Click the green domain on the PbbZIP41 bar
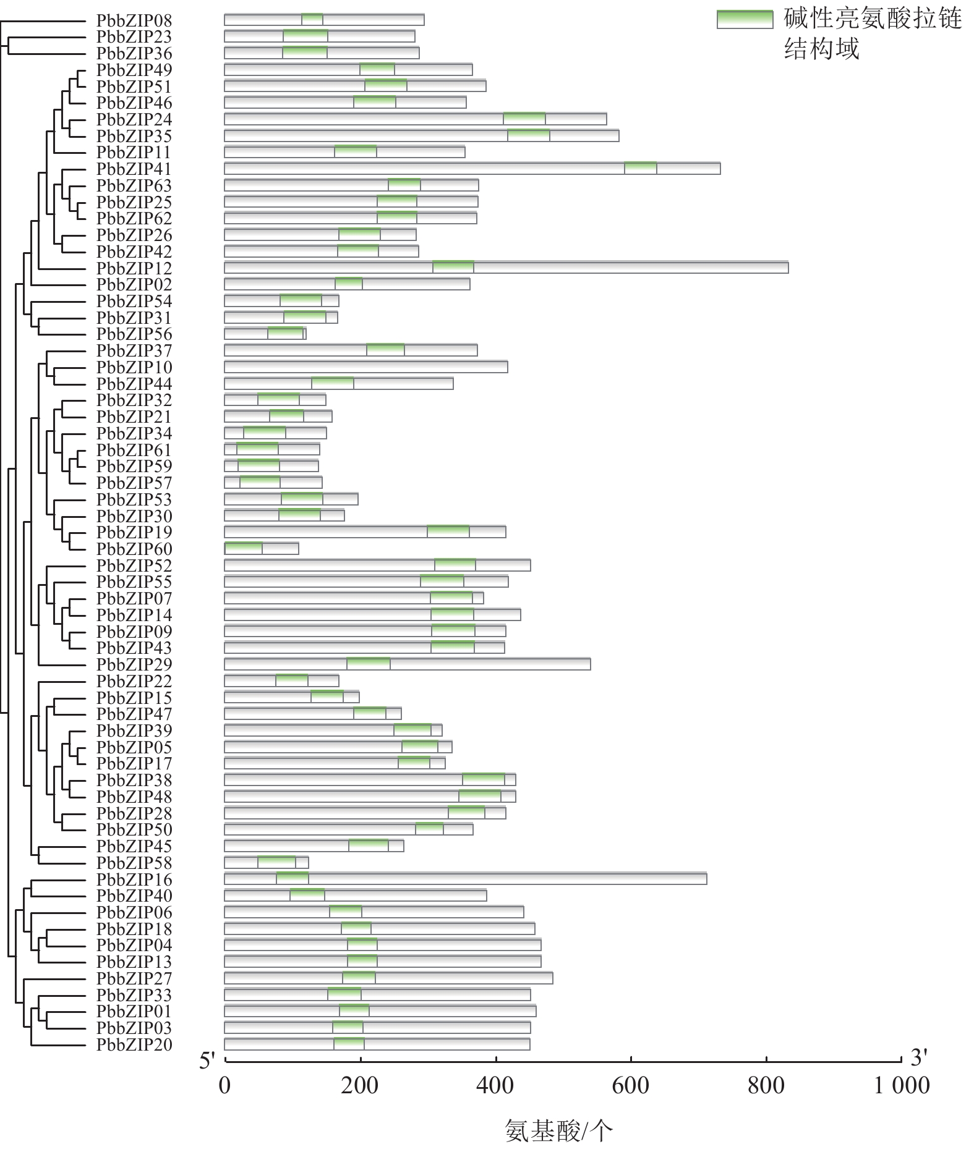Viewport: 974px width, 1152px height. [x=640, y=168]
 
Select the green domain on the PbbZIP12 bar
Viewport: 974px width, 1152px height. [x=453, y=267]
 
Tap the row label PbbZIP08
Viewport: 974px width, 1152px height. [x=134, y=20]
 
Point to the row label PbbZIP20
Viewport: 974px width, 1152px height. [x=134, y=1044]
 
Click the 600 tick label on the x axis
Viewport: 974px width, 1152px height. [x=630, y=1085]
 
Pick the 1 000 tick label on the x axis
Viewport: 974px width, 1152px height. [x=900, y=1085]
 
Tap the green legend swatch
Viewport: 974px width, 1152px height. [x=745, y=20]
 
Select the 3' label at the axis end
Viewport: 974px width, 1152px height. [x=919, y=1058]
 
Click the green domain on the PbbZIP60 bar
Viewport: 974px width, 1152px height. [x=244, y=548]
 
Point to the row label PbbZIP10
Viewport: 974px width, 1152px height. [x=134, y=367]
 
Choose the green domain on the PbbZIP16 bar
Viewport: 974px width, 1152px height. [x=292, y=878]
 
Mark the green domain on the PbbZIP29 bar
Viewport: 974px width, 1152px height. [x=368, y=664]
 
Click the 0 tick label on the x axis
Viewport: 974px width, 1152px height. [x=224, y=1085]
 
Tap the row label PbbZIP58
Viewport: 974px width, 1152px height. [x=134, y=862]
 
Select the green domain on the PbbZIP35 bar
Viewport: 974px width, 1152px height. [x=528, y=135]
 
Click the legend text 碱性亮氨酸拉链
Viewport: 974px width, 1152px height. [x=873, y=19]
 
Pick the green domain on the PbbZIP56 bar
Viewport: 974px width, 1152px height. [x=285, y=334]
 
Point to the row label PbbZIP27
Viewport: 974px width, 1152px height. [x=134, y=978]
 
